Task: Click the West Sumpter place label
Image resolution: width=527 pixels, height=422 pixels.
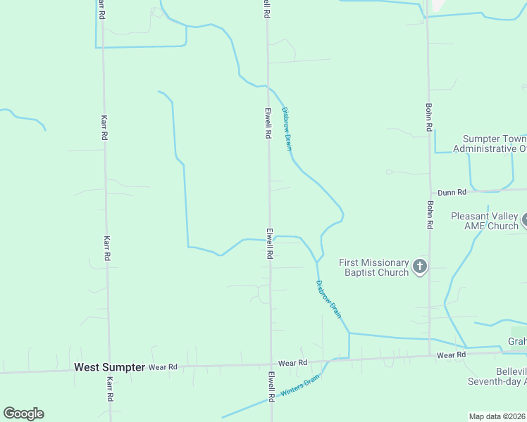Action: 109,367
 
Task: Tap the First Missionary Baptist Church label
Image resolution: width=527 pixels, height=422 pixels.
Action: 373,267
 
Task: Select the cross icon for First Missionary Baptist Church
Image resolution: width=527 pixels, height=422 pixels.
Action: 420,267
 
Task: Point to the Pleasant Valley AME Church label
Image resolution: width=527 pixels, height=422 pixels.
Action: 485,221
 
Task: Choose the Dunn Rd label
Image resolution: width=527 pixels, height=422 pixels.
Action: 452,192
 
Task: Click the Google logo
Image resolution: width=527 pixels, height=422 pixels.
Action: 23,414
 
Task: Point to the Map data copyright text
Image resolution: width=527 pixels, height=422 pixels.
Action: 497,416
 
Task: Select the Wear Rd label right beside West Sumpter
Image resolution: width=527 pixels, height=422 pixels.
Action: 163,367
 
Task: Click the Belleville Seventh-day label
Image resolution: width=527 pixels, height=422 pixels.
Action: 497,376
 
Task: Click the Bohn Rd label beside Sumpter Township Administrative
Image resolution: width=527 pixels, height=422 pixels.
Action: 428,118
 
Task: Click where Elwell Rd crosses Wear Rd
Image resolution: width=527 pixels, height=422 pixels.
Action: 271,364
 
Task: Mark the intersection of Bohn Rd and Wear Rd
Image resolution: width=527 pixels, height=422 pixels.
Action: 430,356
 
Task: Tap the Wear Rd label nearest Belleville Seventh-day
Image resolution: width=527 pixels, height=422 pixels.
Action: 451,355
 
